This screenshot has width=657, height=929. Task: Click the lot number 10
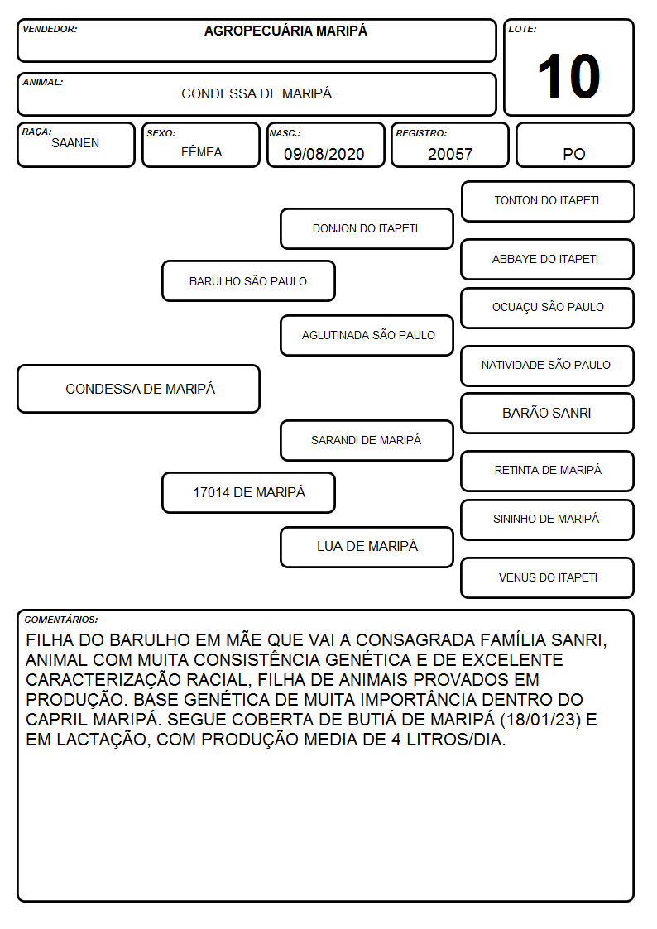[568, 76]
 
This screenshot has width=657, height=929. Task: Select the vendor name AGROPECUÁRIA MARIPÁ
[285, 31]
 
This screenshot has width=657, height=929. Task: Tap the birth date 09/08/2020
[324, 154]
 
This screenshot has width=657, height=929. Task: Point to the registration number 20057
[450, 154]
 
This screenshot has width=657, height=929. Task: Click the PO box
[574, 146]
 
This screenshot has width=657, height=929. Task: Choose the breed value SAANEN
[75, 143]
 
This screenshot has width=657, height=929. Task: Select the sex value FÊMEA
[201, 151]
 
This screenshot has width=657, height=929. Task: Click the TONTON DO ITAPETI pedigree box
[548, 202]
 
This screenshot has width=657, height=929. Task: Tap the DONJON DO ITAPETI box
[367, 228]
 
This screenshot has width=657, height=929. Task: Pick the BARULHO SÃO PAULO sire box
[248, 280]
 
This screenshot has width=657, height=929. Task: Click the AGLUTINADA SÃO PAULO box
[367, 335]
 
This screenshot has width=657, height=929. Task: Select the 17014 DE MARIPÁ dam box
[248, 492]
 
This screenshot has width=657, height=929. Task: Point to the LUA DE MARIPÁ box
[367, 547]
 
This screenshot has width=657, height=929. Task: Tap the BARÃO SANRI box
[548, 413]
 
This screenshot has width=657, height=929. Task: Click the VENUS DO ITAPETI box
[548, 577]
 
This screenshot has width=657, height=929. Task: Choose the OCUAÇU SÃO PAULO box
[548, 308]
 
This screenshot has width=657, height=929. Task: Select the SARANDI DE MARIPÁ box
[367, 440]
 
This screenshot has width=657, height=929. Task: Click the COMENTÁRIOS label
[61, 620]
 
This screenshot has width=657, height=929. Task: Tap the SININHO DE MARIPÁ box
[548, 520]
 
